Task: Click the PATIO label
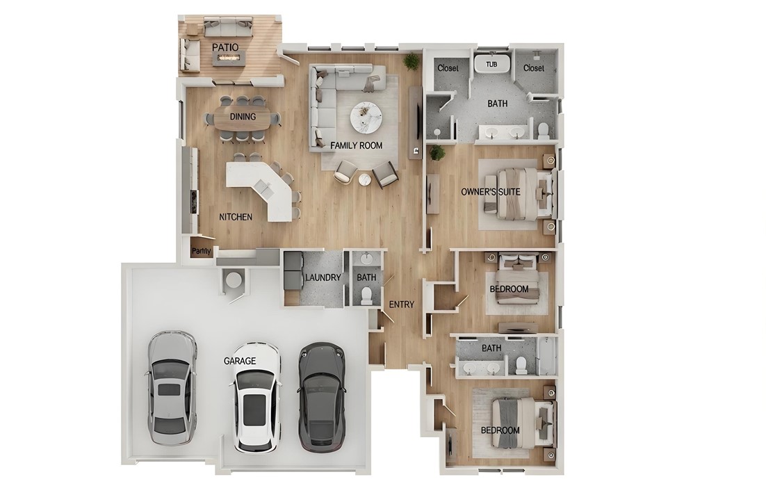pos(225,47)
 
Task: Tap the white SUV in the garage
pos(256,397)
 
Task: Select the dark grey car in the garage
pos(322,397)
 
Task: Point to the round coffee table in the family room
pos(365,117)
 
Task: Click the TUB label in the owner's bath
pos(491,64)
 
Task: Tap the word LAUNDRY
pos(323,278)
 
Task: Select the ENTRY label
pos(402,305)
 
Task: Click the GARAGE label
pos(240,361)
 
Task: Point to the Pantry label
pos(202,251)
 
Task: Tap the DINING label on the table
pos(243,117)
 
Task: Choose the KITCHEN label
pos(236,217)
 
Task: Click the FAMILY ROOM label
pos(357,145)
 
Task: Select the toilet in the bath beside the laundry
pos(366,295)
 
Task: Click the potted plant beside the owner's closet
pos(411,61)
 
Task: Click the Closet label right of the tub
pos(534,68)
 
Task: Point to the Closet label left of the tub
pos(448,68)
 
